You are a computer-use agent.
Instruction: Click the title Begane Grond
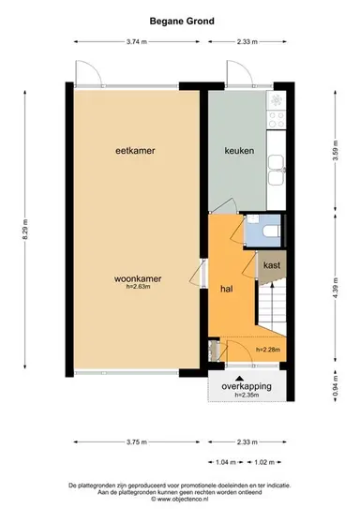pos(181,20)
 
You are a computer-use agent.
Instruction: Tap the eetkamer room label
pos(134,151)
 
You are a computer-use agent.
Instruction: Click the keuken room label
pos(238,151)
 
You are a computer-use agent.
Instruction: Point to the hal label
pos(226,290)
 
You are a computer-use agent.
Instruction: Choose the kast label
pos(272,265)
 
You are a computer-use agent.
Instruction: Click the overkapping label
pos(246,386)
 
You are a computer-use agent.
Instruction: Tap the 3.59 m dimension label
pos(335,151)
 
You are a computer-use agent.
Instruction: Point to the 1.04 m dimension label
pos(224,461)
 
